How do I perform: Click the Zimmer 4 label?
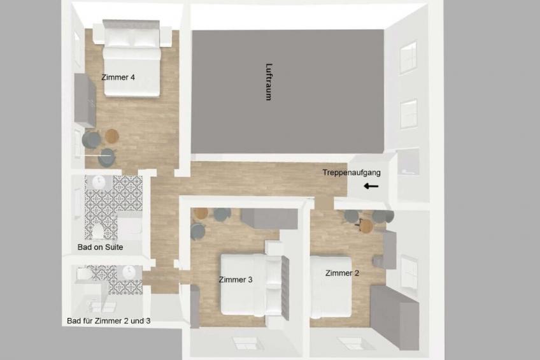coord(118,78)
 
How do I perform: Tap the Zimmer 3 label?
coord(236,280)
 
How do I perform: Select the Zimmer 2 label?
coord(342,273)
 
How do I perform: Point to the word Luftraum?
coord(269,82)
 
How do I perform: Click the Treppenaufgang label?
coord(352,173)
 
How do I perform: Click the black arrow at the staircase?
coord(371,187)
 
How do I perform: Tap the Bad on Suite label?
coord(100,247)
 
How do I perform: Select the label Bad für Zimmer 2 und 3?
coord(108,320)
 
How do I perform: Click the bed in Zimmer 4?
coord(132,59)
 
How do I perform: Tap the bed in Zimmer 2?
coord(330,287)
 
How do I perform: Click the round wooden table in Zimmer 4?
coord(112,136)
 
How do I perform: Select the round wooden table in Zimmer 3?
coord(201,213)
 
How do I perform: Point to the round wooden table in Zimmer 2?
coord(366,226)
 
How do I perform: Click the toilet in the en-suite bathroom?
coord(98,231)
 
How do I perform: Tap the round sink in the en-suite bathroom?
coord(99,181)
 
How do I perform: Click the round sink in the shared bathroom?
coord(129,272)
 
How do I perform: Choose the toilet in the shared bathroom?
coord(84,274)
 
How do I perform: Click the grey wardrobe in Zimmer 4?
coord(85,100)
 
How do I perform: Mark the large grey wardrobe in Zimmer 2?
coord(394,317)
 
